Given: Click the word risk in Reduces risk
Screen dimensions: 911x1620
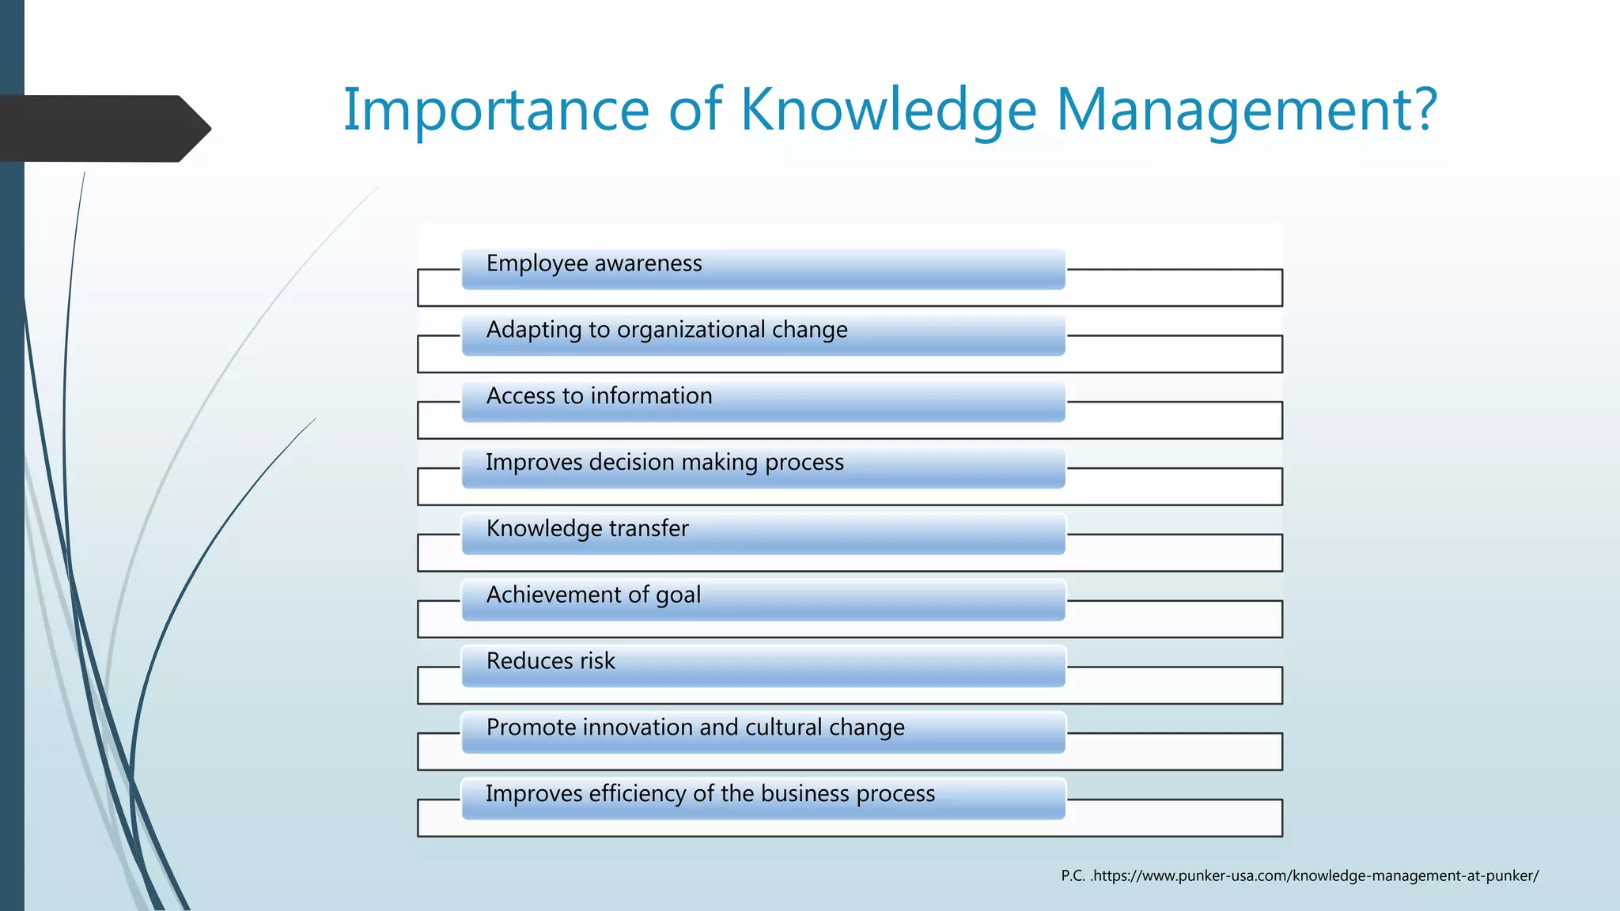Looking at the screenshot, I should pos(597,661).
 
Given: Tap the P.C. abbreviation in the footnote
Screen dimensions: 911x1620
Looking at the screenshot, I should pos(1073,875).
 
